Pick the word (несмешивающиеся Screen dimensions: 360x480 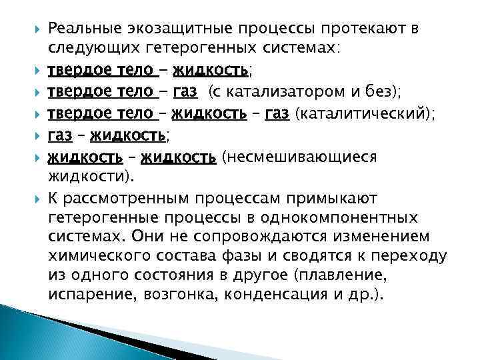pyautogui.click(x=299, y=157)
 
